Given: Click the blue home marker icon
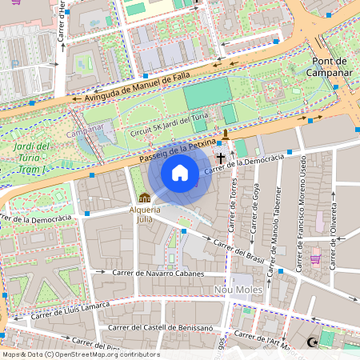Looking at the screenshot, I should click(x=180, y=173).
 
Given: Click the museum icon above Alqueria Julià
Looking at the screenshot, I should click(x=145, y=198).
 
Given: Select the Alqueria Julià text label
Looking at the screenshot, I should click(x=145, y=214).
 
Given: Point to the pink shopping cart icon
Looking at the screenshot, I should click(x=314, y=258).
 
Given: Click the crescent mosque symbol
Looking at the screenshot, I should click(x=313, y=342).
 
